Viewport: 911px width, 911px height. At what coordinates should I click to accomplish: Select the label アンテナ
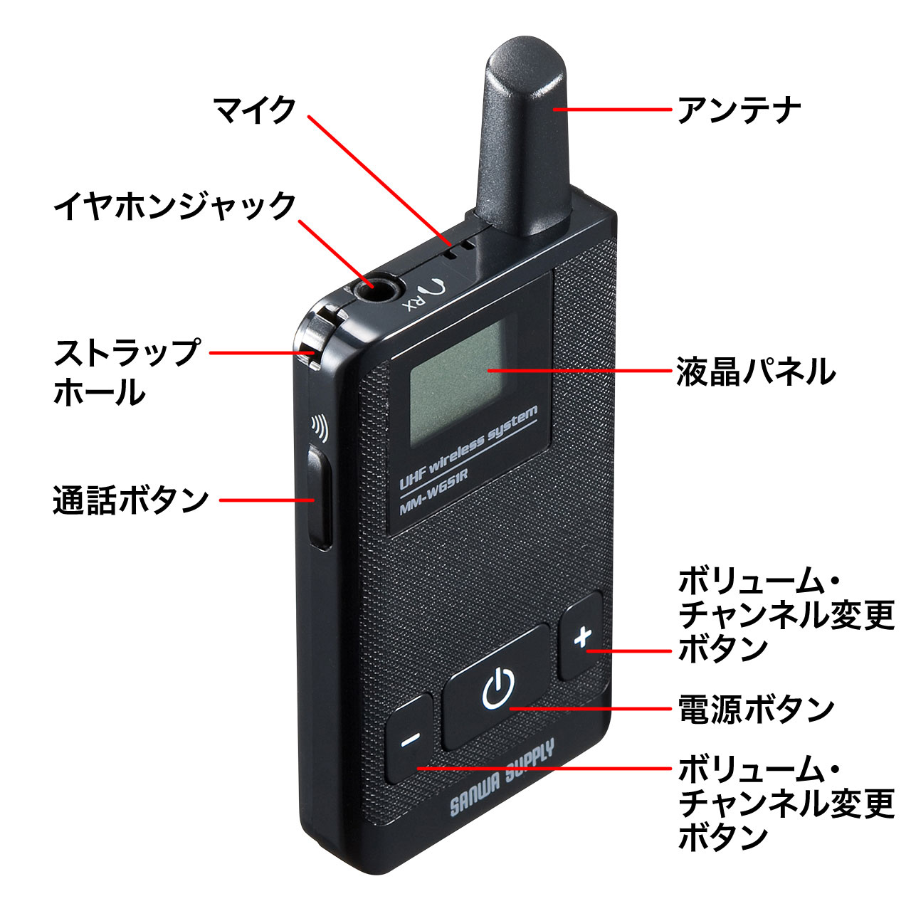click(x=739, y=110)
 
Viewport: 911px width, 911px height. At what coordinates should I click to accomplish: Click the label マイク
click(x=254, y=110)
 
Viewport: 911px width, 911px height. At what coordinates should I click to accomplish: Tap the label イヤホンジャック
click(x=174, y=206)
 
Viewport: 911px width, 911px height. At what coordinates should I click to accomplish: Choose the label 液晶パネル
click(x=755, y=372)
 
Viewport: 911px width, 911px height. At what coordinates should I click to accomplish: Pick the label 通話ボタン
click(x=131, y=500)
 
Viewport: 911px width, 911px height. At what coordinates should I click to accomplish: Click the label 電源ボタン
click(x=755, y=709)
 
